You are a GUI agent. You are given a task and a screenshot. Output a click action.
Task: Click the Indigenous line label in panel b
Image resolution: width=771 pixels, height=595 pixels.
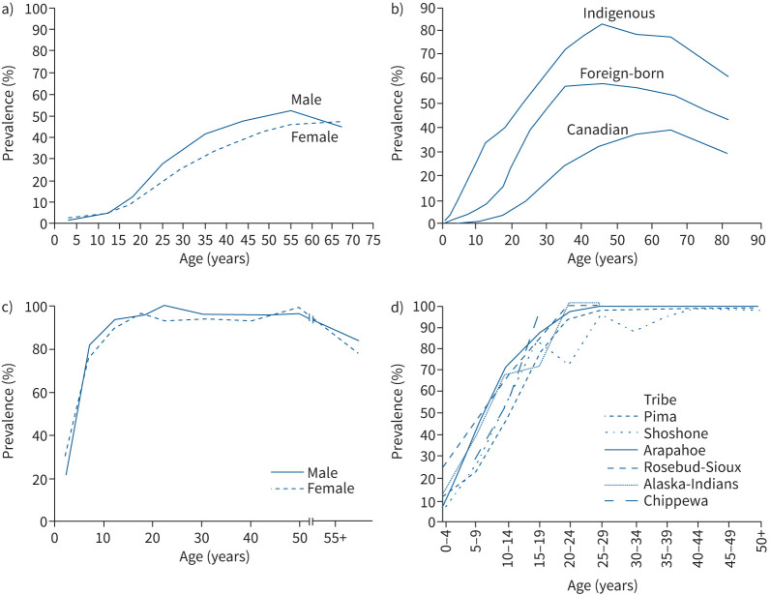618,14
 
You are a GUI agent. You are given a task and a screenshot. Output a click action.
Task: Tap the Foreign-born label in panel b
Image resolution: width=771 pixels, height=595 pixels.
621,74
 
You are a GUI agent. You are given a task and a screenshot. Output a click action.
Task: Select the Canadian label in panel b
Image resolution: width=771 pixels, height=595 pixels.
598,130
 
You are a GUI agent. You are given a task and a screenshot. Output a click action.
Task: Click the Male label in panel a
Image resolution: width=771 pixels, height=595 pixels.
306,100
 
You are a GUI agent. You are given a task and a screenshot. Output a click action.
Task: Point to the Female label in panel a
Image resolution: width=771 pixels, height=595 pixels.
314,136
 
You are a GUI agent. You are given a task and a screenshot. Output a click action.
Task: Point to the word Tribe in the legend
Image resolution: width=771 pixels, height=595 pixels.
660,400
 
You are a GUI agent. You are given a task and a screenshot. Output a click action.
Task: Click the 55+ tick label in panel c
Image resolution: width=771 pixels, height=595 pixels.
335,538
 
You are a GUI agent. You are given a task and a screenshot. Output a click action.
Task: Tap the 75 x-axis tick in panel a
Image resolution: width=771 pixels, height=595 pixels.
372,240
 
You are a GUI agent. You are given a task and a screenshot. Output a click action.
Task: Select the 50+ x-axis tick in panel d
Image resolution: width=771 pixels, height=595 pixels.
761,541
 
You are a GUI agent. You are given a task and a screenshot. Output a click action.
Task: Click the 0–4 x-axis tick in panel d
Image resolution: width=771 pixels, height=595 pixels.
446,541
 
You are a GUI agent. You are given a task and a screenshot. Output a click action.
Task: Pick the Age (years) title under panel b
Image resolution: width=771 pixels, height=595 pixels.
603,258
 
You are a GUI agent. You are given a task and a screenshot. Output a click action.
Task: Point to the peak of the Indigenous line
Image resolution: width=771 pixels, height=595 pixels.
602,23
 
